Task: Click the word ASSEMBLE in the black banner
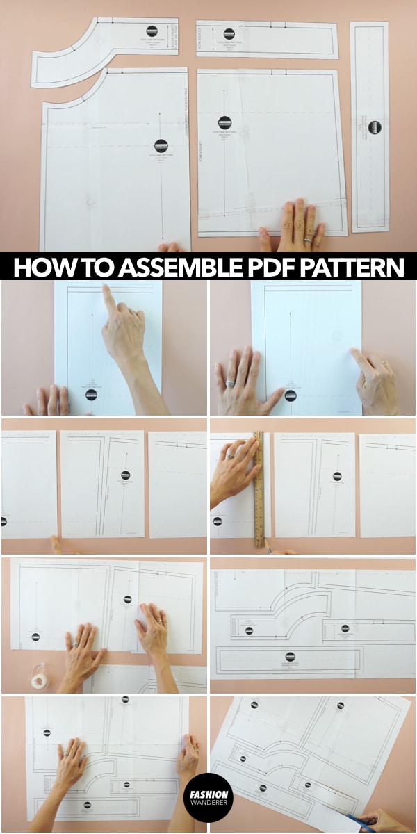[173, 268]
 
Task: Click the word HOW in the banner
[41, 268]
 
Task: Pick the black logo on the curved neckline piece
[152, 31]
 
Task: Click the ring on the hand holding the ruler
[230, 456]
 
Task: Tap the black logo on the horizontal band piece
[229, 33]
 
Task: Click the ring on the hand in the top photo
[307, 240]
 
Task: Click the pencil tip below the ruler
[265, 550]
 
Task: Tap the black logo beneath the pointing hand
[91, 394]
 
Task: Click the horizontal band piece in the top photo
[268, 40]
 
